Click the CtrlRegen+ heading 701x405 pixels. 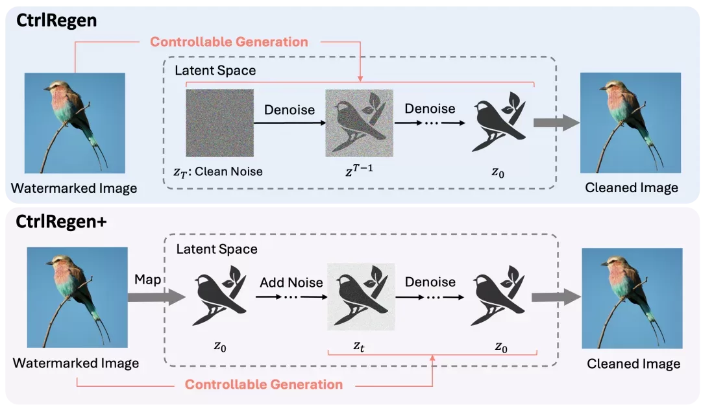pyautogui.click(x=61, y=222)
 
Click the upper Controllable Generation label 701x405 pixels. pyautogui.click(x=229, y=42)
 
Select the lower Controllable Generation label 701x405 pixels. pyautogui.click(x=264, y=384)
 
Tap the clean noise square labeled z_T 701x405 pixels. pyautogui.click(x=219, y=123)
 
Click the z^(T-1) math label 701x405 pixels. pyautogui.click(x=359, y=170)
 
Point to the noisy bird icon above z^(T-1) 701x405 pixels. pyautogui.click(x=360, y=123)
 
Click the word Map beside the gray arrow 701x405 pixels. pyautogui.click(x=147, y=279)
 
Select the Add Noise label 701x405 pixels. pyautogui.click(x=291, y=282)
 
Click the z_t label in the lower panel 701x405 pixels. pyautogui.click(x=359, y=346)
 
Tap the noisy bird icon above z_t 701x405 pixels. pyautogui.click(x=361, y=297)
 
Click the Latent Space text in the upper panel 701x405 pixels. pyautogui.click(x=215, y=70)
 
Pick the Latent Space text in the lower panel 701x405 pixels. pyautogui.click(x=217, y=249)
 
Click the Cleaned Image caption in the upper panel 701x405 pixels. pyautogui.click(x=632, y=188)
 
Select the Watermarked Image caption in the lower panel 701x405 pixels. pyautogui.click(x=75, y=363)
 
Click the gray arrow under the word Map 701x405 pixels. pyautogui.click(x=156, y=297)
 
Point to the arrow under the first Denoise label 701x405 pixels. pyautogui.click(x=289, y=123)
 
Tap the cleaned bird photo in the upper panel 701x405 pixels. pyautogui.click(x=630, y=123)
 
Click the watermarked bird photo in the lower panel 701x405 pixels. pyautogui.click(x=77, y=298)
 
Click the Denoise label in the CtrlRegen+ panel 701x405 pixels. pyautogui.click(x=430, y=282)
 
